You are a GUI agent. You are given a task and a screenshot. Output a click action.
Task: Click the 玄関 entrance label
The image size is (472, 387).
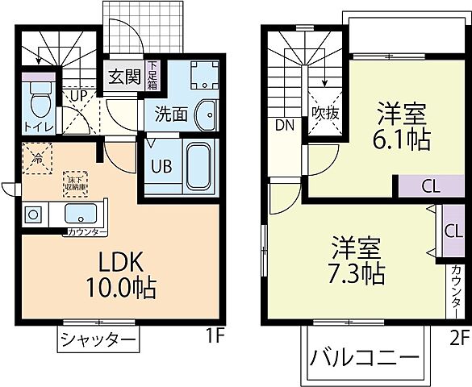tap(123, 78)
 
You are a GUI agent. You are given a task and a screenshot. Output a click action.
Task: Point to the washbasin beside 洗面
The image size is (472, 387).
tap(207, 114)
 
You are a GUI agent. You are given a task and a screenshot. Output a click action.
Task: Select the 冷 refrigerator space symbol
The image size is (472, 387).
tap(36, 156)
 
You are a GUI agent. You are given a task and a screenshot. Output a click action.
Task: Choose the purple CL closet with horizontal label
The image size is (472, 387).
tap(429, 186)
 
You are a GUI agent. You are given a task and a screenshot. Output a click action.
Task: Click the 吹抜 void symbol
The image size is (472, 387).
tap(326, 114)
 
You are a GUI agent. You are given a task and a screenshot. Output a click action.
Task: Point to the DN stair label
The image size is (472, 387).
tap(284, 125)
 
